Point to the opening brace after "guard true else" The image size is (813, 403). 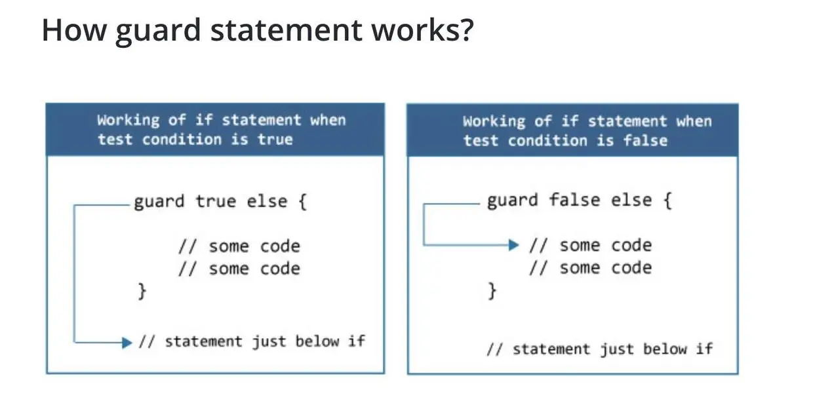302,201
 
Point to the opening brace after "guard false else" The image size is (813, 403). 667,200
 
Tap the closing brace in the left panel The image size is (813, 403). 142,290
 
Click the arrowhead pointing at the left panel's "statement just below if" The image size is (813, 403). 127,342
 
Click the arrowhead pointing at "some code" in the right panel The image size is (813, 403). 514,245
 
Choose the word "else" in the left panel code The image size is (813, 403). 267,201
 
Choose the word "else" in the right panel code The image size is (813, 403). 632,200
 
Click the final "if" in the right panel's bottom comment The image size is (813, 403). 704,349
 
